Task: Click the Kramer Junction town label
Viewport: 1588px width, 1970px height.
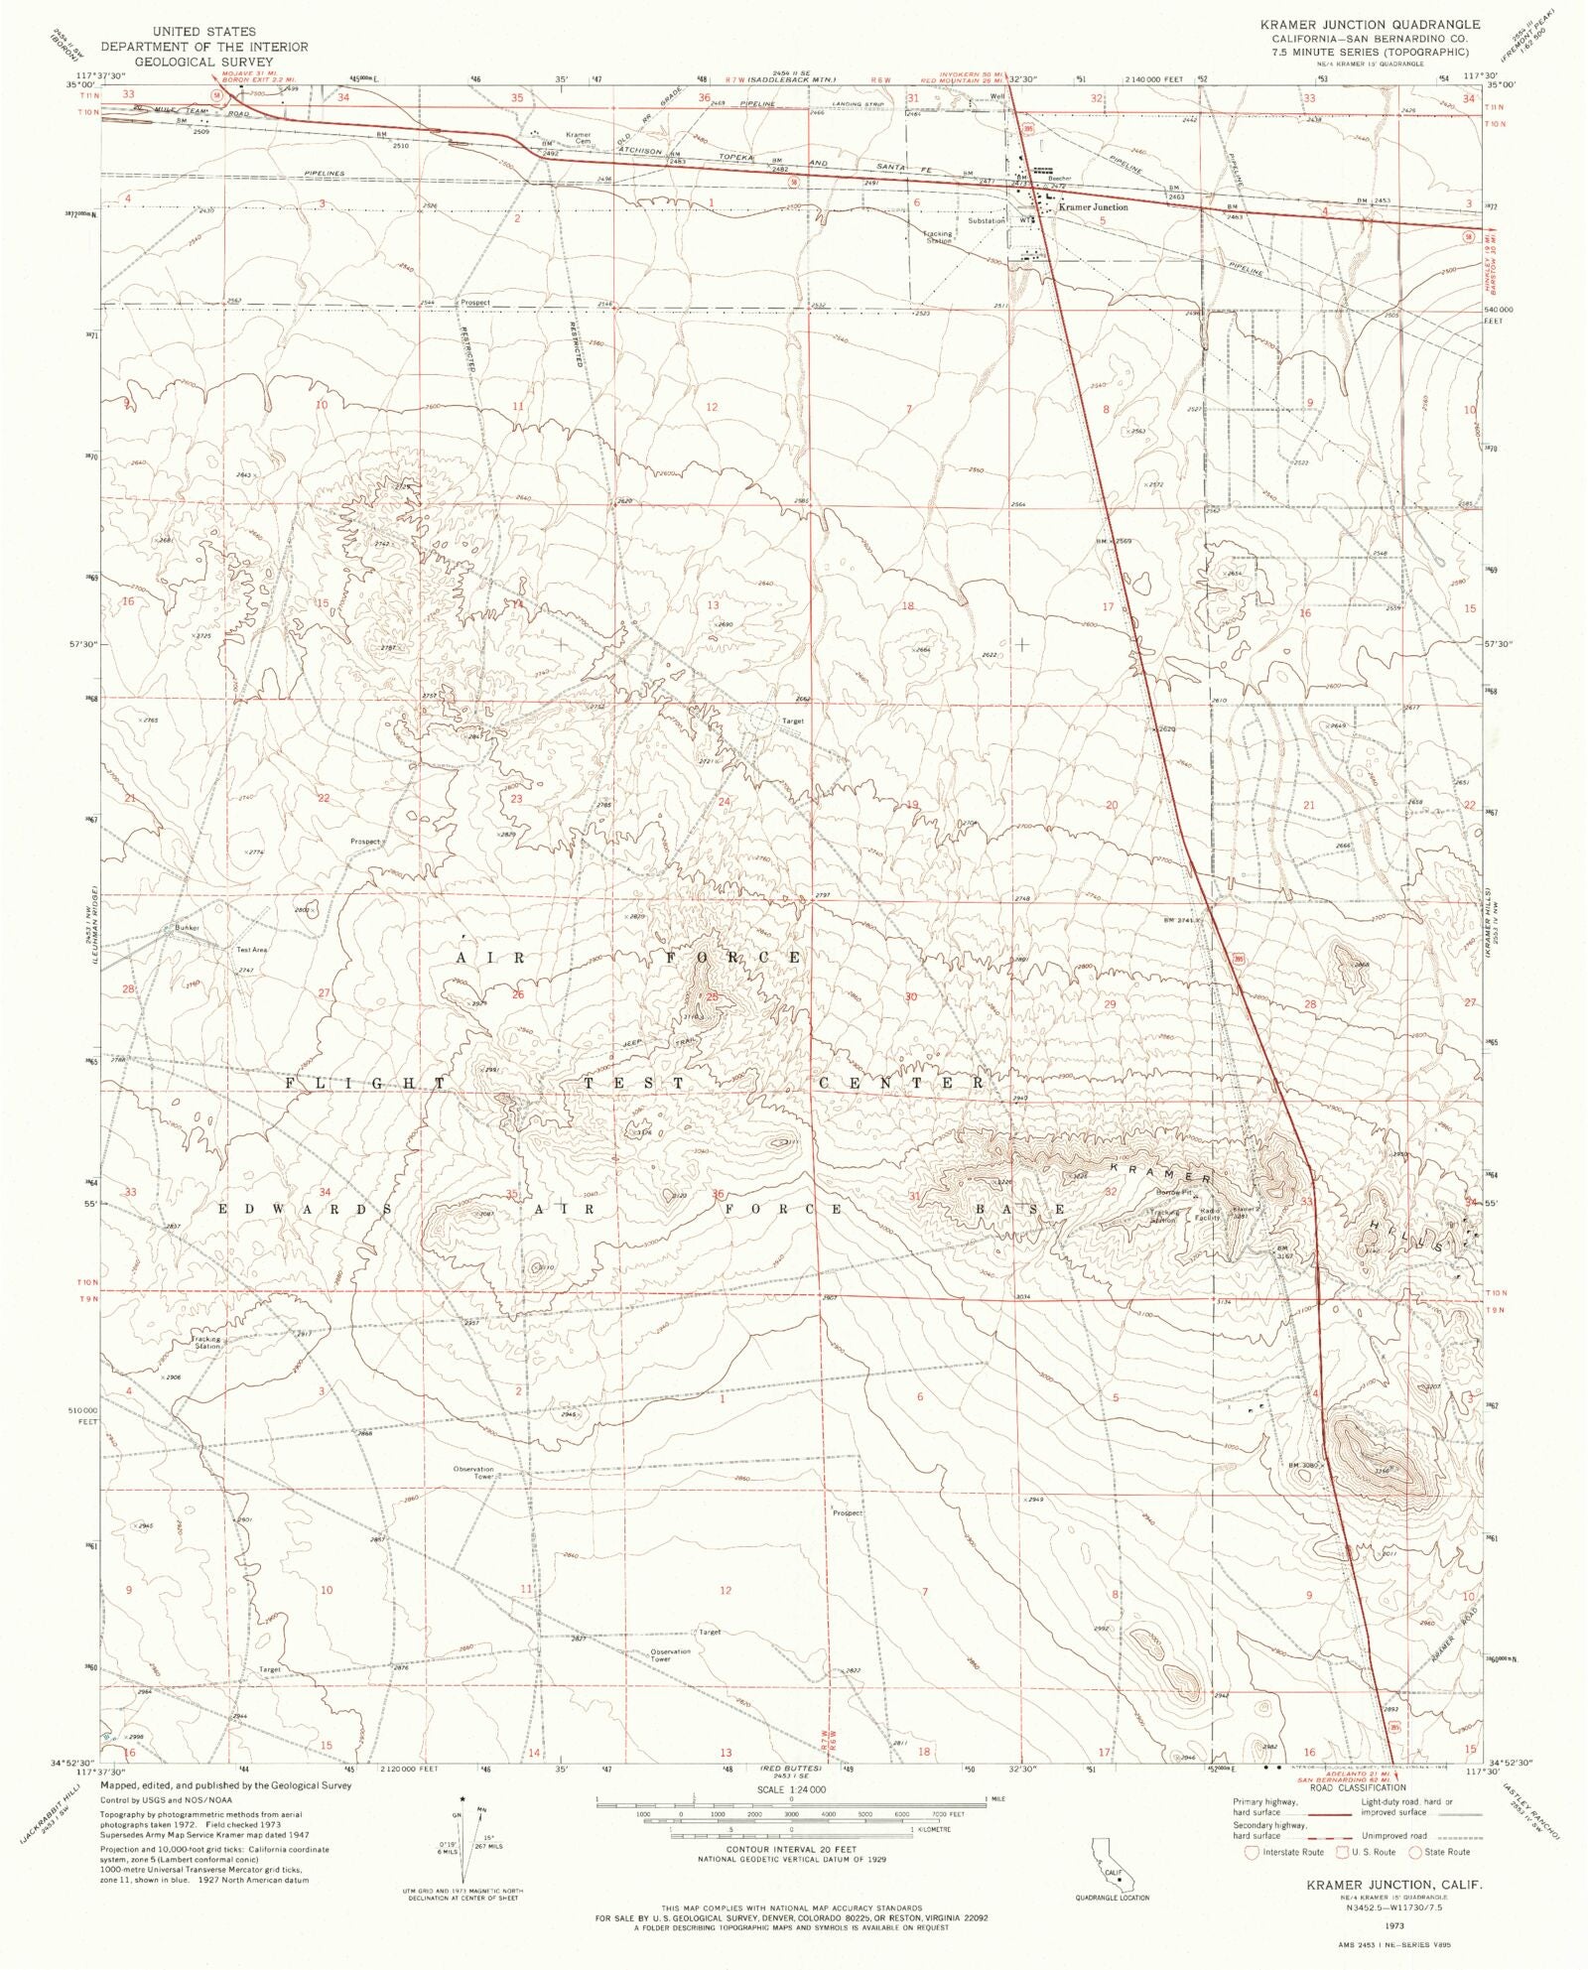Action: [x=1093, y=207]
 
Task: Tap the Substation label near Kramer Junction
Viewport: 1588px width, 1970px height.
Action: [x=986, y=220]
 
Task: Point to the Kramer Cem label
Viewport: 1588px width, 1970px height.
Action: [x=578, y=138]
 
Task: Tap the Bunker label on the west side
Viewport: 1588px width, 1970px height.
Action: [x=187, y=928]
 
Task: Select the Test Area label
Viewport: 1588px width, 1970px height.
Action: [x=251, y=950]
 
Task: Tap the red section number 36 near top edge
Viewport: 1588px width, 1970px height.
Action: [x=705, y=97]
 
